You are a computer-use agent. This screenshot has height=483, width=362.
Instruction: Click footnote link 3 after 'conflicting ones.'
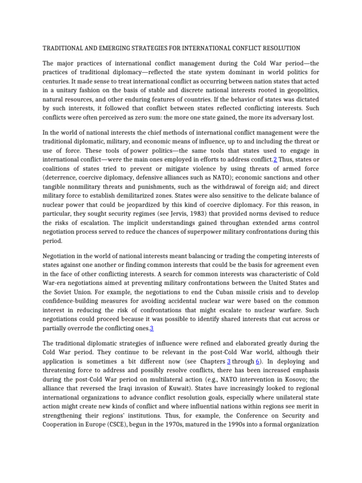(x=152, y=328)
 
